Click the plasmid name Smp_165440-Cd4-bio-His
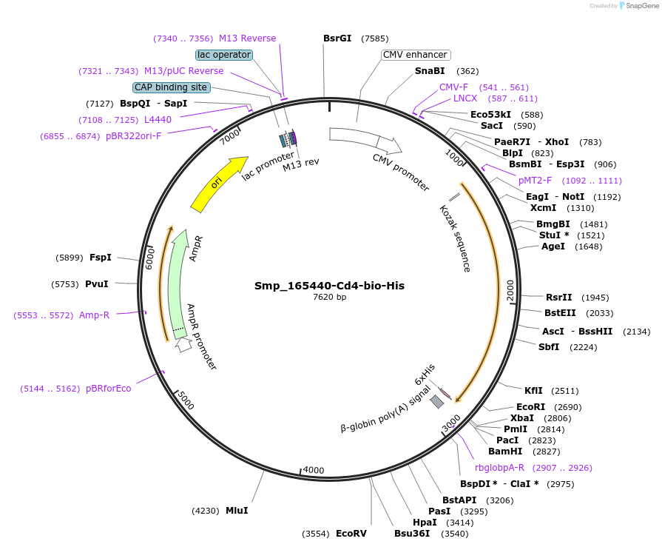point(329,285)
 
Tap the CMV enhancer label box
point(416,55)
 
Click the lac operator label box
point(224,55)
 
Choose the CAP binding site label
point(171,87)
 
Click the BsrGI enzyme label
point(337,38)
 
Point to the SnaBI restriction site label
point(430,71)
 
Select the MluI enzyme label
point(237,511)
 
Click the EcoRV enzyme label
point(351,534)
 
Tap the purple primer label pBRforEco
point(108,389)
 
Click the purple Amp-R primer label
point(94,315)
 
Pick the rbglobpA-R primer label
point(499,468)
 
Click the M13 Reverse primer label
point(247,38)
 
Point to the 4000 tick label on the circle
point(314,471)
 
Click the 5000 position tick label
point(186,400)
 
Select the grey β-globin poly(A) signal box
point(437,401)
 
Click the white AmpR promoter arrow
point(182,345)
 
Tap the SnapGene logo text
point(641,6)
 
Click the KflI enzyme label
point(533,391)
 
